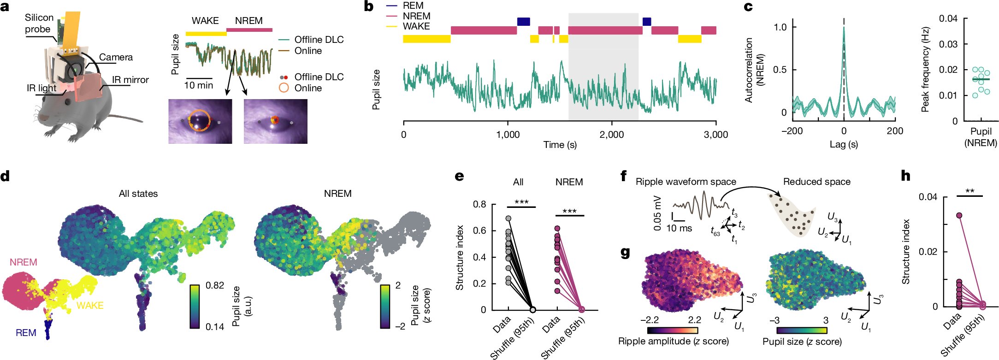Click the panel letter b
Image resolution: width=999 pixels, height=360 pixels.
(368, 6)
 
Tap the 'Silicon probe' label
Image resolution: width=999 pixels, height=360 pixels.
(39, 23)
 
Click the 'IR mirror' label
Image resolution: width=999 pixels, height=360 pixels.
(130, 80)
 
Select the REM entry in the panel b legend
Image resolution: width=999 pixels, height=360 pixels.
(413, 6)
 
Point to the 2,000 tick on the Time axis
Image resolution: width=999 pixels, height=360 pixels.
(611, 135)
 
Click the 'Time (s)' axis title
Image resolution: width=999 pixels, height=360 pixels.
(560, 145)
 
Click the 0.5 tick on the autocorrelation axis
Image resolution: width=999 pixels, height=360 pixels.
(780, 70)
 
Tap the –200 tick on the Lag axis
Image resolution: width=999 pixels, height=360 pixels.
(792, 131)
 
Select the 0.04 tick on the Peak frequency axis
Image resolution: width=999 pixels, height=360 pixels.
(948, 18)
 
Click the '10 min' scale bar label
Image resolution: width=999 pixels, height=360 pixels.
(199, 85)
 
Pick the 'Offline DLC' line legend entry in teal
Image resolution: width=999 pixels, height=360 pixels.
(319, 40)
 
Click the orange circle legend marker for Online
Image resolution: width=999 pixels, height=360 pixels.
(284, 88)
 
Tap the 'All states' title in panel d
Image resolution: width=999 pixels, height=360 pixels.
(138, 194)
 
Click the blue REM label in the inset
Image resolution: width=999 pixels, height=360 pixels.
(26, 333)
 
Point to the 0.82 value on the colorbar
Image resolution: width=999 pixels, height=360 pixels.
(214, 285)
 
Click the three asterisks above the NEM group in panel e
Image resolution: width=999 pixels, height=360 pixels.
(569, 212)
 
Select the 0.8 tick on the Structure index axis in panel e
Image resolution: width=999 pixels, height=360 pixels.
(480, 204)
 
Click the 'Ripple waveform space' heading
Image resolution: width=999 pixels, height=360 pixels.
(686, 182)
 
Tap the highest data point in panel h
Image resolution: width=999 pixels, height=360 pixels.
(959, 215)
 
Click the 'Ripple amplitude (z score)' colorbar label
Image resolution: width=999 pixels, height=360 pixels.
(673, 341)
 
